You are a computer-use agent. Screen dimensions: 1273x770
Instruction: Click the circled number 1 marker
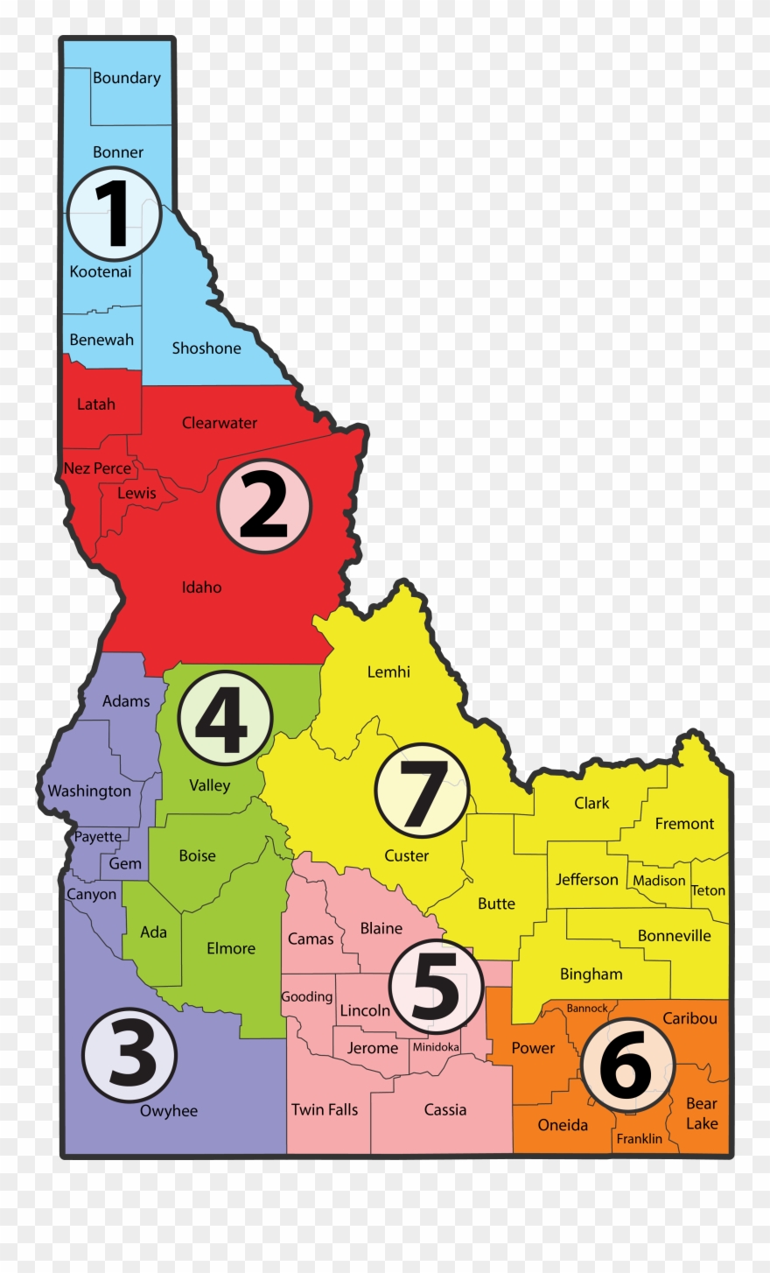pos(114,215)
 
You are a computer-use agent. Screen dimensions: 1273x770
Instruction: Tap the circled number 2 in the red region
pos(263,506)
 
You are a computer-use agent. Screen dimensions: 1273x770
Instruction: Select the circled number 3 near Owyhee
pos(129,1056)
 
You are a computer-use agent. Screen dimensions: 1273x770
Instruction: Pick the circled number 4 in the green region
pos(225,718)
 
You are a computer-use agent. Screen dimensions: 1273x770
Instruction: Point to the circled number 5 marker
pos(435,987)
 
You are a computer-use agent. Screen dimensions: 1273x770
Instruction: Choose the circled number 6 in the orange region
pos(626,1065)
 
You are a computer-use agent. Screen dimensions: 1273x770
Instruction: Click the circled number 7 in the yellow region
pos(422,791)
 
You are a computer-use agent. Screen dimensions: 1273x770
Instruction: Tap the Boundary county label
pos(127,78)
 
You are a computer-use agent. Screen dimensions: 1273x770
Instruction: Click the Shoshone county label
pos(206,348)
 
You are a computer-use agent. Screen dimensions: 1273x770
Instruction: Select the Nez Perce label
pos(97,468)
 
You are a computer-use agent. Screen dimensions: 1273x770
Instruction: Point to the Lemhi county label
pos(388,672)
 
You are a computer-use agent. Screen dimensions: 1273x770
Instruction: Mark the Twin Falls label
pos(325,1110)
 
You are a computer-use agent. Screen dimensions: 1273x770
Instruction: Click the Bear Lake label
pos(702,1114)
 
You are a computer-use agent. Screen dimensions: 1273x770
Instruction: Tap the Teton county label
pos(708,890)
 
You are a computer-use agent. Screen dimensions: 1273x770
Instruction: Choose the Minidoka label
pos(436,1047)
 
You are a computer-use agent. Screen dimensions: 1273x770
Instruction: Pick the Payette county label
pos(98,836)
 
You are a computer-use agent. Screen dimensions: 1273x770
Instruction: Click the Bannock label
pos(587,1009)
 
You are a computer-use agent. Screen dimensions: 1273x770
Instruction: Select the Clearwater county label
pos(220,423)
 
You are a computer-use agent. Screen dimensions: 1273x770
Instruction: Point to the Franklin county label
pos(640,1138)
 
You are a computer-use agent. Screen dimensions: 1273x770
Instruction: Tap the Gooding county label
pos(307,997)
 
